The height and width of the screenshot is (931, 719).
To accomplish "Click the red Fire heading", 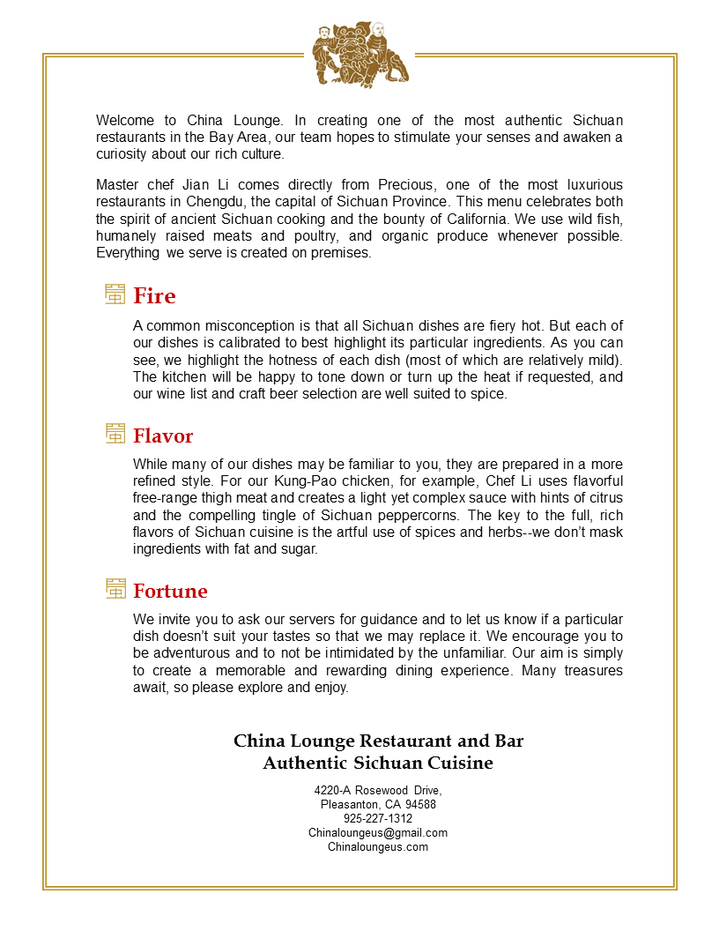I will pos(154,296).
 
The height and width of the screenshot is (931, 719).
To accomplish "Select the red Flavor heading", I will pos(163,436).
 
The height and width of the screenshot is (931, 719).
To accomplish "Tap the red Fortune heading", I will pos(170,591).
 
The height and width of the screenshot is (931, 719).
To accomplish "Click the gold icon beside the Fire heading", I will pos(115,294).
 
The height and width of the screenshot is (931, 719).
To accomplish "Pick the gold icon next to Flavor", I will pos(115,434).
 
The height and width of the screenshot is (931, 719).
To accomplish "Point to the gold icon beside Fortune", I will pos(115,589).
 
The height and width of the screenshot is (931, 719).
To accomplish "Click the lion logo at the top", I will pos(359,55).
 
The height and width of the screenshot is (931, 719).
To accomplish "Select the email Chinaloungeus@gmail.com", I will pos(377,832).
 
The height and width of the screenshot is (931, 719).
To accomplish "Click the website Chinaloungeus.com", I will pos(377,846).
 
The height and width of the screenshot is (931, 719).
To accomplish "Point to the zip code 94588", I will pos(420,804).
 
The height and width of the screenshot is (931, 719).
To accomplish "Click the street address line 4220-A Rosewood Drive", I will pos(377,790).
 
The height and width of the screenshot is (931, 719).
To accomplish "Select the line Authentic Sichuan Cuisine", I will pos(377,763).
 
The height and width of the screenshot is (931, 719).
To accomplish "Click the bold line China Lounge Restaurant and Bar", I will pos(378,741).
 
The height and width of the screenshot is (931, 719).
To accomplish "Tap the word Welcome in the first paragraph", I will pos(125,121).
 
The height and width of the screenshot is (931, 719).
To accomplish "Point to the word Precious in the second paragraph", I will pos(406,184).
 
